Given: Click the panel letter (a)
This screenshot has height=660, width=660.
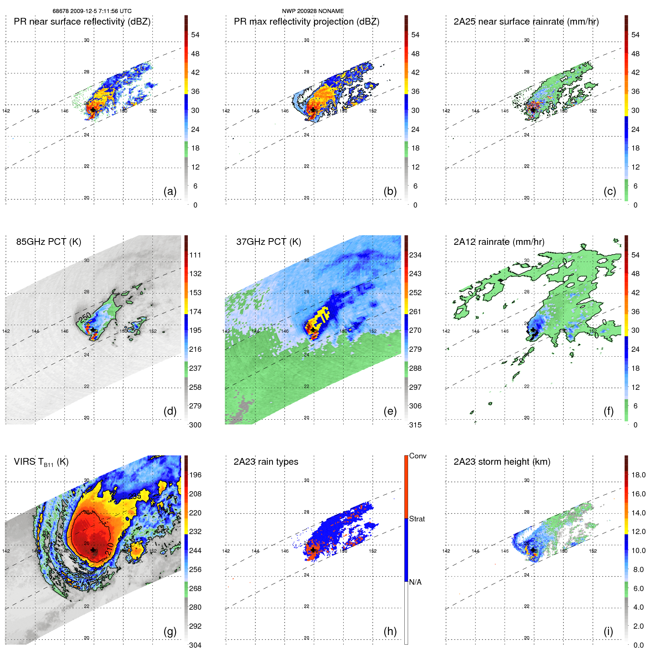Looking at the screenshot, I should click(170, 191).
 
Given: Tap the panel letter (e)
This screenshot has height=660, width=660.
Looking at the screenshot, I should click(390, 411).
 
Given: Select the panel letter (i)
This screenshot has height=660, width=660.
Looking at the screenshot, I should click(608, 631).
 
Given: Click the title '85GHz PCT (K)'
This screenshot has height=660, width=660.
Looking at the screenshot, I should click(48, 241).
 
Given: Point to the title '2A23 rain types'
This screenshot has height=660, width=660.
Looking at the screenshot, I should click(266, 462).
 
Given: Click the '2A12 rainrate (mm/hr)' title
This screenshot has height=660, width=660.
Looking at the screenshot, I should click(499, 241).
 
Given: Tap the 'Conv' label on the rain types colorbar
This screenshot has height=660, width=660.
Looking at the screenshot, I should click(418, 456).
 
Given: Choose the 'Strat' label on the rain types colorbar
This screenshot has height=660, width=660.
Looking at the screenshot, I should click(417, 519).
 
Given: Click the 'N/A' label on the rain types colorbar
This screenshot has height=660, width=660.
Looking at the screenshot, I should click(415, 582).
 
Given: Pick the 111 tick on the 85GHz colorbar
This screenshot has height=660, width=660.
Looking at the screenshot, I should click(195, 255).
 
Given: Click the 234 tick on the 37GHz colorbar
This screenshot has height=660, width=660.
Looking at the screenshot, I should click(415, 255).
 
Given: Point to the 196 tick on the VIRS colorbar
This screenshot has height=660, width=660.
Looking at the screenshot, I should click(195, 475).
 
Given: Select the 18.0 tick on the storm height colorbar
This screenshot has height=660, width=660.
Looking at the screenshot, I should click(638, 475).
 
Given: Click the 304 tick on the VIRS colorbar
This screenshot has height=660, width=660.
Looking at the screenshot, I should click(195, 645).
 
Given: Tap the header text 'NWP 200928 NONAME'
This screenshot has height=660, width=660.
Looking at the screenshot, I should click(313, 11).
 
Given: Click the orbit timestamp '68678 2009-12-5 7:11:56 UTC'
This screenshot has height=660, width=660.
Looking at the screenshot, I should click(92, 11).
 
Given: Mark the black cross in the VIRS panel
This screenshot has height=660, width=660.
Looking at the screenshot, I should click(93, 550).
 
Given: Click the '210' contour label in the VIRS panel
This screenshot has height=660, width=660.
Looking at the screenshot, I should click(110, 549).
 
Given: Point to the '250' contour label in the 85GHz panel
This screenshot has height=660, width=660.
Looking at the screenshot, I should click(85, 317).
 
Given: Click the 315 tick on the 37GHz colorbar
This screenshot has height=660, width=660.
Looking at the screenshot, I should click(415, 425).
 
